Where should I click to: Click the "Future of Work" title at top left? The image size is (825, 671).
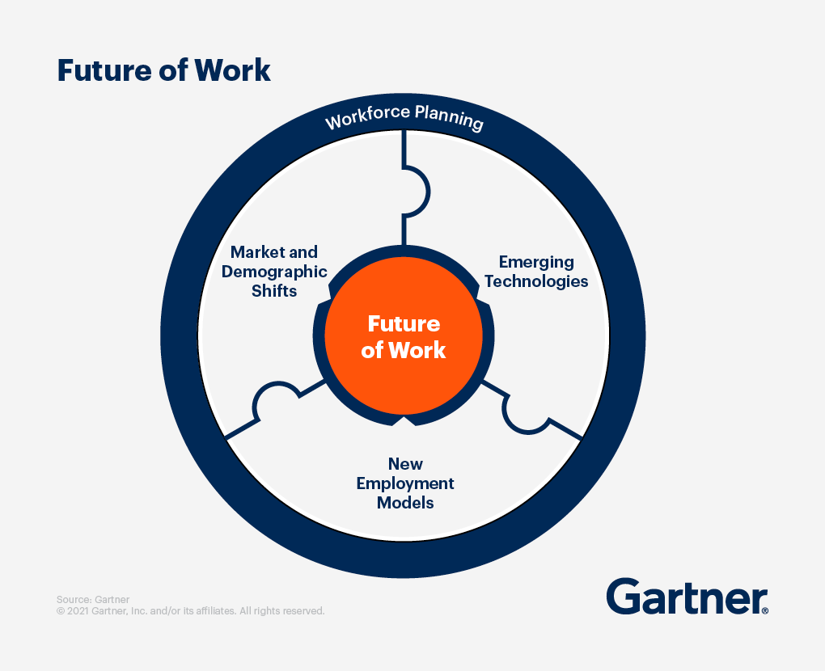click(x=163, y=70)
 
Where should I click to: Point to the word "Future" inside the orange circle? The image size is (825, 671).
click(x=404, y=323)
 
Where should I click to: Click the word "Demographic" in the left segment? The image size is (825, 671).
click(x=274, y=272)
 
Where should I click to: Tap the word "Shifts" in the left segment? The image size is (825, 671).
click(x=274, y=291)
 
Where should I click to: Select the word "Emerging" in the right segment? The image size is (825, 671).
click(x=536, y=262)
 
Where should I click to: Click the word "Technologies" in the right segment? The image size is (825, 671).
click(x=536, y=281)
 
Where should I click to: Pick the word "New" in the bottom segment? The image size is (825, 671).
click(x=405, y=464)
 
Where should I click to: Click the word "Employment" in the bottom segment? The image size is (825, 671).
click(x=405, y=483)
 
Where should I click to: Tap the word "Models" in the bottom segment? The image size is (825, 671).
click(x=405, y=503)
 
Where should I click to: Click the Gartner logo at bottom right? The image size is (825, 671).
click(x=684, y=597)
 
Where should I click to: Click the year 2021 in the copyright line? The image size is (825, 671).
click(x=77, y=611)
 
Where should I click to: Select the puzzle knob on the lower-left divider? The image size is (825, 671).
click(x=274, y=399)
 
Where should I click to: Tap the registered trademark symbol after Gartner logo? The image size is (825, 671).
click(x=764, y=610)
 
